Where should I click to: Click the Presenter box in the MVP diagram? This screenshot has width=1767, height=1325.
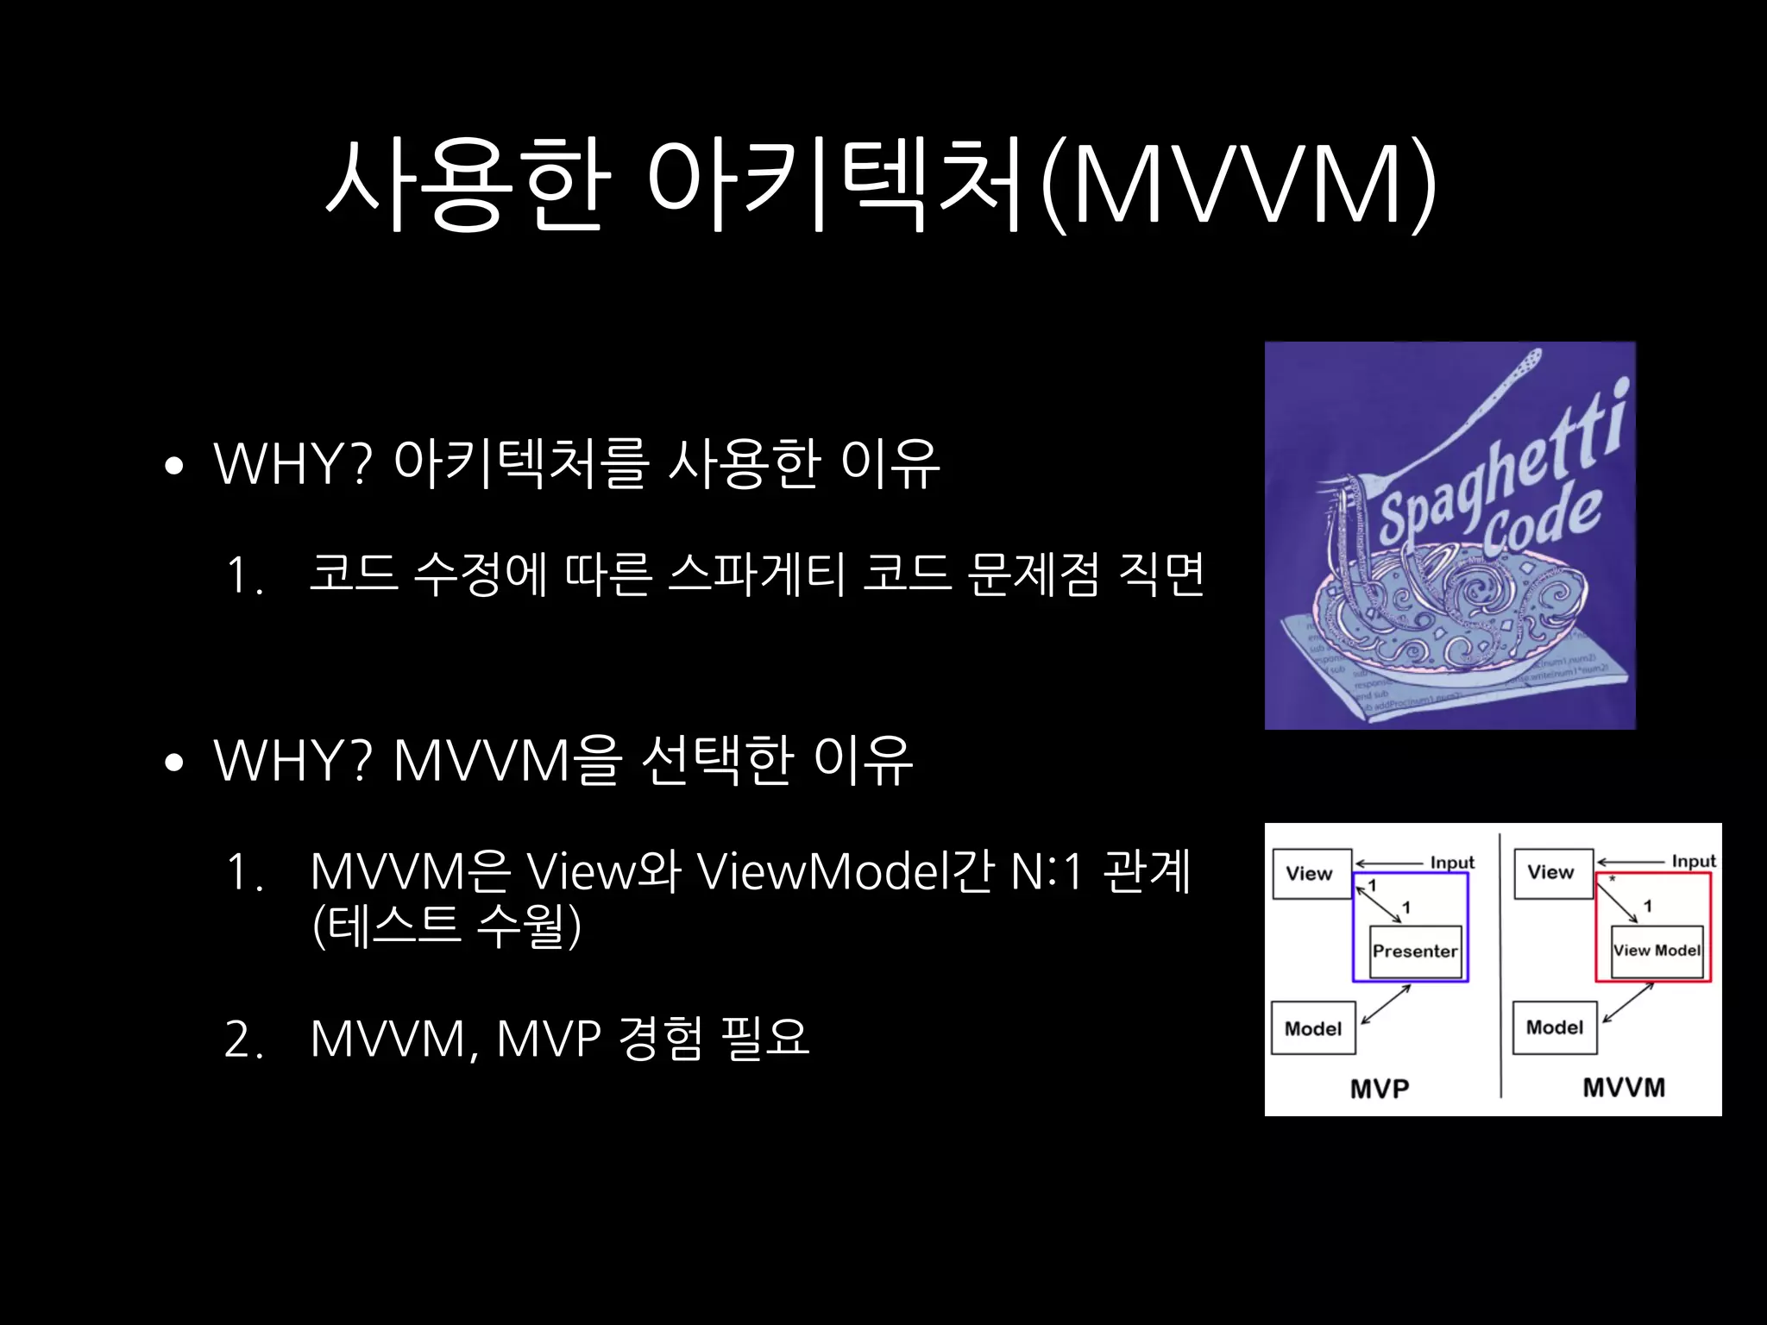[1414, 951]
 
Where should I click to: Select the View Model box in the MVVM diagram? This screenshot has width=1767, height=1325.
[1657, 951]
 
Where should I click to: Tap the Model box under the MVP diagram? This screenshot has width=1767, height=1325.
[1313, 1028]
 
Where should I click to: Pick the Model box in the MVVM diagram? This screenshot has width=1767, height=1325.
[1555, 1027]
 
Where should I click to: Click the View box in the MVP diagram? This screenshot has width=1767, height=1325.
[1310, 874]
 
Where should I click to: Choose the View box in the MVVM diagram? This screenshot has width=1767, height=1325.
[1551, 872]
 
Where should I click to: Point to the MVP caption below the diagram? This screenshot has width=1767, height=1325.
[1380, 1089]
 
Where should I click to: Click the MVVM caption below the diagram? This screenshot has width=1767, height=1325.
[1624, 1087]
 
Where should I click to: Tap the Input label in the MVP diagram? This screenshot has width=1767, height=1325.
[1452, 863]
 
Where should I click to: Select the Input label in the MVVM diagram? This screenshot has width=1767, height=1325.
[1694, 861]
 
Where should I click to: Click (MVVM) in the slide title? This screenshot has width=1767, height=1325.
[1238, 185]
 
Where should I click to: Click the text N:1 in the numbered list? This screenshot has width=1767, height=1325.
[1046, 872]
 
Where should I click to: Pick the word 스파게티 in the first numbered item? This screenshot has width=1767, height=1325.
[757, 575]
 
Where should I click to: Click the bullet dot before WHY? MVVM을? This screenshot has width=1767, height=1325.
[174, 763]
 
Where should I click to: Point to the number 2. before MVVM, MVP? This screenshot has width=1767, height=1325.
[242, 1039]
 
